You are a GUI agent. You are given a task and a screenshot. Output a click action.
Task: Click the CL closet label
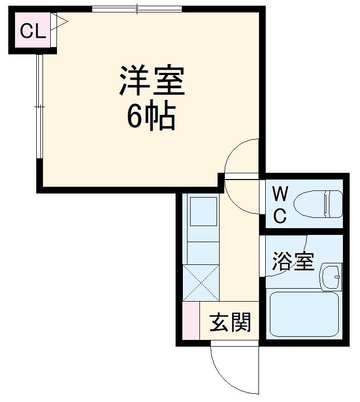tap(33, 32)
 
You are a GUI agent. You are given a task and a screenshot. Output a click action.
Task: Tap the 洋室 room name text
tap(152, 81)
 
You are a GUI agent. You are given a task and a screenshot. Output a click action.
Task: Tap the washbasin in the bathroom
tap(330, 277)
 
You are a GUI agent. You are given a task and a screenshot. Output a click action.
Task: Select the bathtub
tap(304, 314)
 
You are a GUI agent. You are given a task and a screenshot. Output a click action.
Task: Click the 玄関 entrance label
tap(231, 323)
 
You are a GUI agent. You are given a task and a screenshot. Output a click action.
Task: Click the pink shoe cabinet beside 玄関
tap(190, 320)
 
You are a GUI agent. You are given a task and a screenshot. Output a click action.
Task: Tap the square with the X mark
tap(200, 282)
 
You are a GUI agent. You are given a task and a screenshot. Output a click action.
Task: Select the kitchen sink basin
tap(203, 212)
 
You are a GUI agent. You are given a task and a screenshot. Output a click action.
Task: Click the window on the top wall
tap(137, 9)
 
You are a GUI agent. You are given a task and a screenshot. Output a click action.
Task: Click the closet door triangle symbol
tap(61, 21)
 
